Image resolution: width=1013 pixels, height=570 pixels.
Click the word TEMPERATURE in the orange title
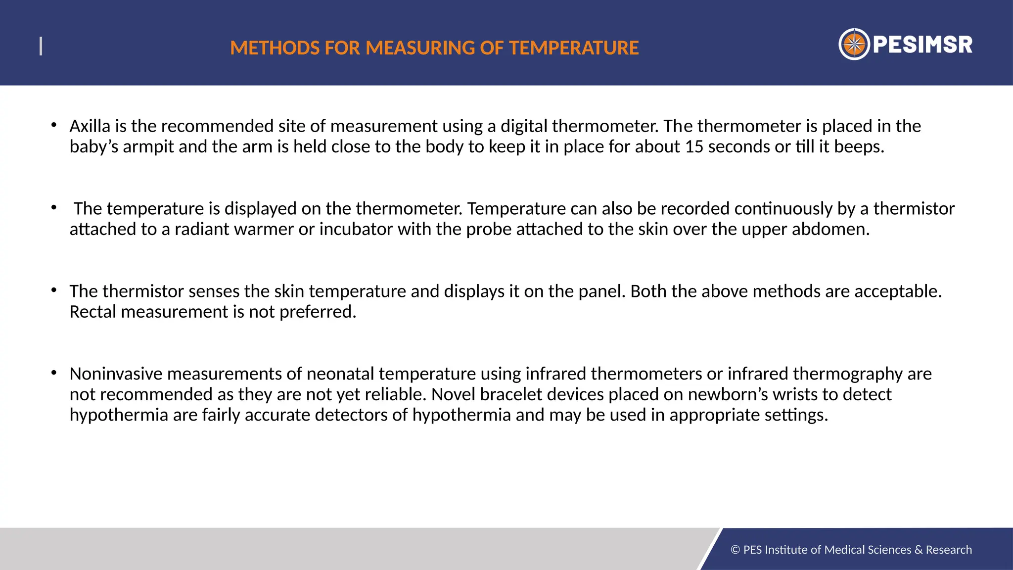(574, 48)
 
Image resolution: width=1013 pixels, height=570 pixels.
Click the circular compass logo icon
(854, 45)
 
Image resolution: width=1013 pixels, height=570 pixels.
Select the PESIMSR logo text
(922, 45)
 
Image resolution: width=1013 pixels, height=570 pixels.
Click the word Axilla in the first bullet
(90, 126)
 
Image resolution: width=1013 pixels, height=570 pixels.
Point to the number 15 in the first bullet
(694, 147)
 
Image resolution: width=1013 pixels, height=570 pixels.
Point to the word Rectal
(93, 312)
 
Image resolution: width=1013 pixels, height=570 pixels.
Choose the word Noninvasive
(116, 374)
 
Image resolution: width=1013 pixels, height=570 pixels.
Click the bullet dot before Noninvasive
(53, 372)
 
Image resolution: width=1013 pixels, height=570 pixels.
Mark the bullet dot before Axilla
(53, 125)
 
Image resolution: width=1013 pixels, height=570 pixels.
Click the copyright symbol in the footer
(735, 550)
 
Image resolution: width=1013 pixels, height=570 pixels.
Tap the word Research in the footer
(949, 550)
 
